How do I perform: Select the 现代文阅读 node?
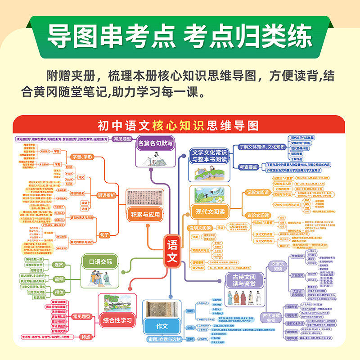tap(210, 211)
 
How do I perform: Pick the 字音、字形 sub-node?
tap(82, 157)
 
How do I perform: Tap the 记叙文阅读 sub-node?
tap(258, 192)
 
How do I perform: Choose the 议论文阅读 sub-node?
tap(258, 215)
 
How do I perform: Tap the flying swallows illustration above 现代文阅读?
tap(209, 194)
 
